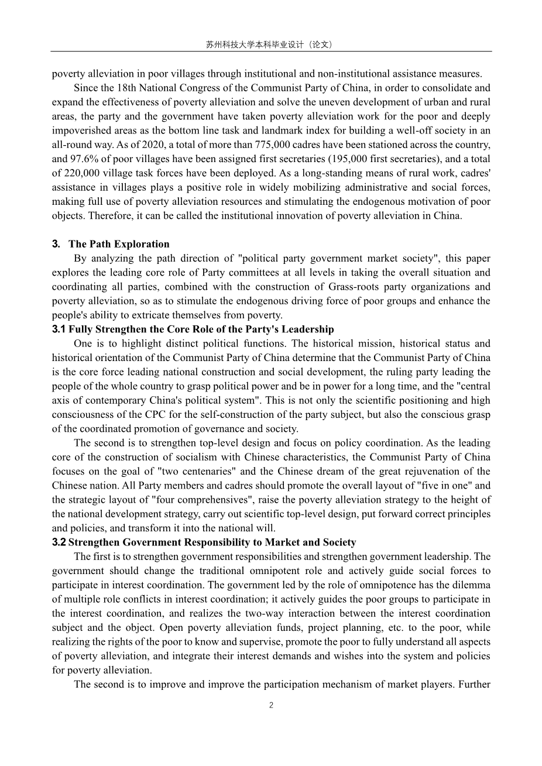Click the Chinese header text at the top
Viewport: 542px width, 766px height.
[270, 44]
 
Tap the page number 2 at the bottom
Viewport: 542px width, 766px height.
[271, 705]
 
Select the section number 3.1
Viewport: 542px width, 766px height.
[59, 329]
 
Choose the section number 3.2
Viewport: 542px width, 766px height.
[59, 542]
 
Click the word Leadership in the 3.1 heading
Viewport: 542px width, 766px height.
[308, 329]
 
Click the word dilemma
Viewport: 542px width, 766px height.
[471, 585]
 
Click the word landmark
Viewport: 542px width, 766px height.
[286, 130]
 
